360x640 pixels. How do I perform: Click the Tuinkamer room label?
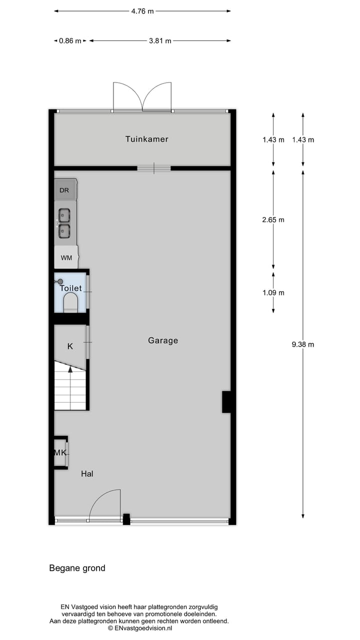click(146, 139)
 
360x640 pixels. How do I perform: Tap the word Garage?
click(163, 340)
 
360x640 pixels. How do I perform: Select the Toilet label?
click(70, 288)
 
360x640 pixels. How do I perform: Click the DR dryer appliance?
click(64, 190)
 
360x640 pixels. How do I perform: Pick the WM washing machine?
click(66, 258)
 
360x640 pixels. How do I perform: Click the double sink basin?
click(64, 223)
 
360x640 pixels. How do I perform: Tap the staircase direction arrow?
click(70, 369)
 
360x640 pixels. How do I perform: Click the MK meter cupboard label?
click(60, 453)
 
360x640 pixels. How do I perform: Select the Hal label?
click(87, 473)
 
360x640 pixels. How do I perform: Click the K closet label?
click(70, 346)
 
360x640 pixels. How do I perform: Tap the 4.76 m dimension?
click(142, 11)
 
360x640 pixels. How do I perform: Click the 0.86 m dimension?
click(70, 41)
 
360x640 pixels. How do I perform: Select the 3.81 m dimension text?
click(160, 41)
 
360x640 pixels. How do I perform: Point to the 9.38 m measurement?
click(303, 344)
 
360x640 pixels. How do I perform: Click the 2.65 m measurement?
click(273, 219)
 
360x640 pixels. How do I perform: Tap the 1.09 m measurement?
click(273, 292)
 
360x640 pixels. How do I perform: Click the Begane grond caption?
click(77, 568)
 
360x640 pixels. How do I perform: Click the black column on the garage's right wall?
click(226, 402)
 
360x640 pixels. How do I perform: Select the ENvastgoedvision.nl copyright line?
click(139, 628)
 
